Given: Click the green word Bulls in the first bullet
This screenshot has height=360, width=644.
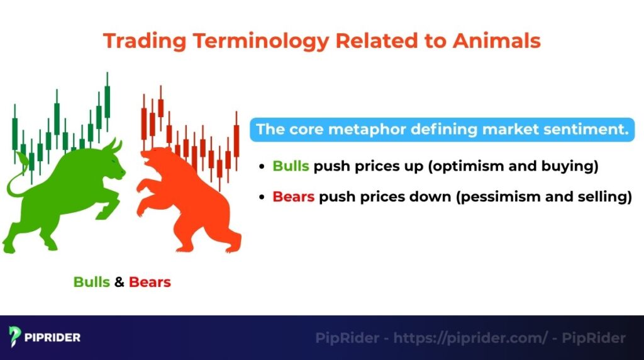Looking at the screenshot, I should click(291, 166).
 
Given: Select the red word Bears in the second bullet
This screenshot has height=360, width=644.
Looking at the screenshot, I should click(293, 196).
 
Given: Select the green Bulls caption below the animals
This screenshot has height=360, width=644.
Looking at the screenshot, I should click(92, 281).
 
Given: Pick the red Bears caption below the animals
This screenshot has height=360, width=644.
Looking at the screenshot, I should click(150, 281).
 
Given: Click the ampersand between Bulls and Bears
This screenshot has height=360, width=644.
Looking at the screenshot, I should click(119, 281).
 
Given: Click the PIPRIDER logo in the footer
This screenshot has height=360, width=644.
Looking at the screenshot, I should click(45, 337).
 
